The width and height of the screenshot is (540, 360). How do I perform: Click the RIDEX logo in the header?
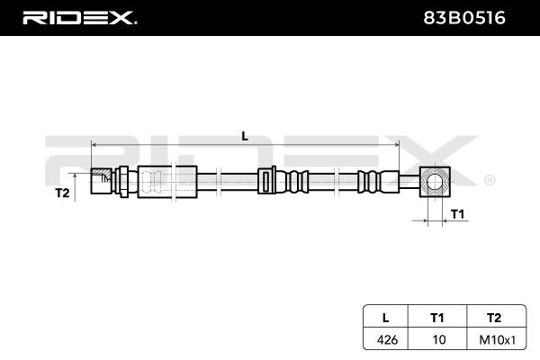(78, 17)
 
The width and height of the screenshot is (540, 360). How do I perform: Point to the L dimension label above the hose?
(245, 136)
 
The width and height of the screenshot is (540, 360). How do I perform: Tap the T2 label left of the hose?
(62, 192)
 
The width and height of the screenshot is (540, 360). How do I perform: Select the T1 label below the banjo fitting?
(457, 213)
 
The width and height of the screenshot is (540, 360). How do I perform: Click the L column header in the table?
(384, 317)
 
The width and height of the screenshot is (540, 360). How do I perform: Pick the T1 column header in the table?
(436, 317)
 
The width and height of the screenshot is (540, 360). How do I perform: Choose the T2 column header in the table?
(492, 317)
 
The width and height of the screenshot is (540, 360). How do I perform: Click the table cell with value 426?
(384, 339)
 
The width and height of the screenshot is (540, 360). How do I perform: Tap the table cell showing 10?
(436, 339)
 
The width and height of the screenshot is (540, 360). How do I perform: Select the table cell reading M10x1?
(492, 339)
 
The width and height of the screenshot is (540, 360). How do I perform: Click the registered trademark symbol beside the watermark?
(488, 180)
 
